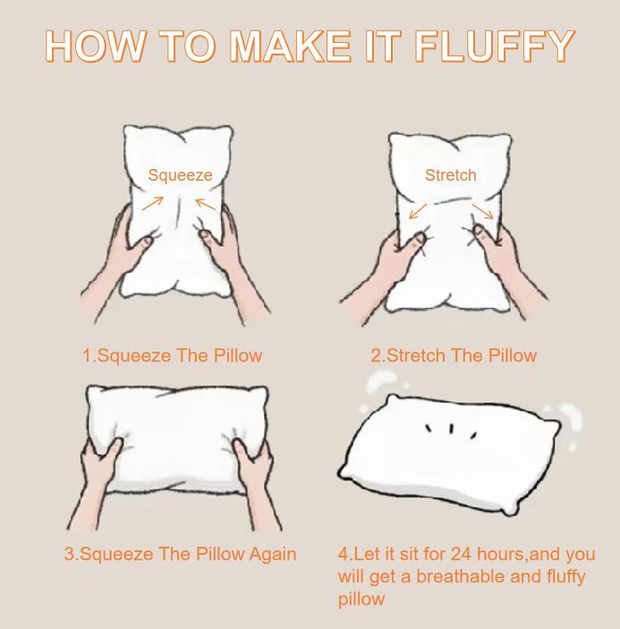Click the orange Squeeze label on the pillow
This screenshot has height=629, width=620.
point(180,175)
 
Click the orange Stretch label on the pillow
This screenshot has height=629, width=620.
point(450,175)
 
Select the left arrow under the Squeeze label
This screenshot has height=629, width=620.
point(153,203)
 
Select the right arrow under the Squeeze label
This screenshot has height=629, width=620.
point(206,204)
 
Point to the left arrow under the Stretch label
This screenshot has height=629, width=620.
point(417,211)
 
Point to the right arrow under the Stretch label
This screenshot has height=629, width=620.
point(483,211)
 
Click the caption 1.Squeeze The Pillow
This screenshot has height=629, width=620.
point(172,355)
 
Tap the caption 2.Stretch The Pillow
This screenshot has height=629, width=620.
point(454,355)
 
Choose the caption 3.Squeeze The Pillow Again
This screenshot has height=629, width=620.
point(180,554)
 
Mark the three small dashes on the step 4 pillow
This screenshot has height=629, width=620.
point(451,430)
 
